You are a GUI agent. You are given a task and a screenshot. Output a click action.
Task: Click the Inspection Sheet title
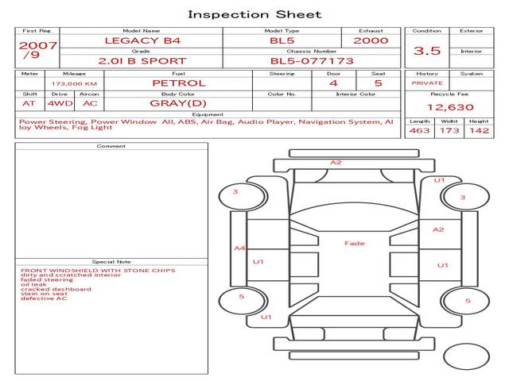254,14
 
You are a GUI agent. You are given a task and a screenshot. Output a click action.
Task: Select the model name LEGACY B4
142,40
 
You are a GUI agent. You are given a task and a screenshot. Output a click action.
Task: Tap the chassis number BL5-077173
312,61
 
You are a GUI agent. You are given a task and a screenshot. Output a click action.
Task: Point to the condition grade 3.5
427,51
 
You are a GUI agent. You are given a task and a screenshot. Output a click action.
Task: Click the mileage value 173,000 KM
74,84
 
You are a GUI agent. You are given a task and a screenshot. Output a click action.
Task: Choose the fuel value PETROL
179,83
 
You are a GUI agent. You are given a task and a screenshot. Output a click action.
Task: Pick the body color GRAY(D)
178,103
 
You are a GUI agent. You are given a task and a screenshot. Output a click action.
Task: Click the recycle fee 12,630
450,107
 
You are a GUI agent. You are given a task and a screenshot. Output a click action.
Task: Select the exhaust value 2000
371,40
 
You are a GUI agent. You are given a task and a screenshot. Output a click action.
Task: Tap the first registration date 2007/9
38,49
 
